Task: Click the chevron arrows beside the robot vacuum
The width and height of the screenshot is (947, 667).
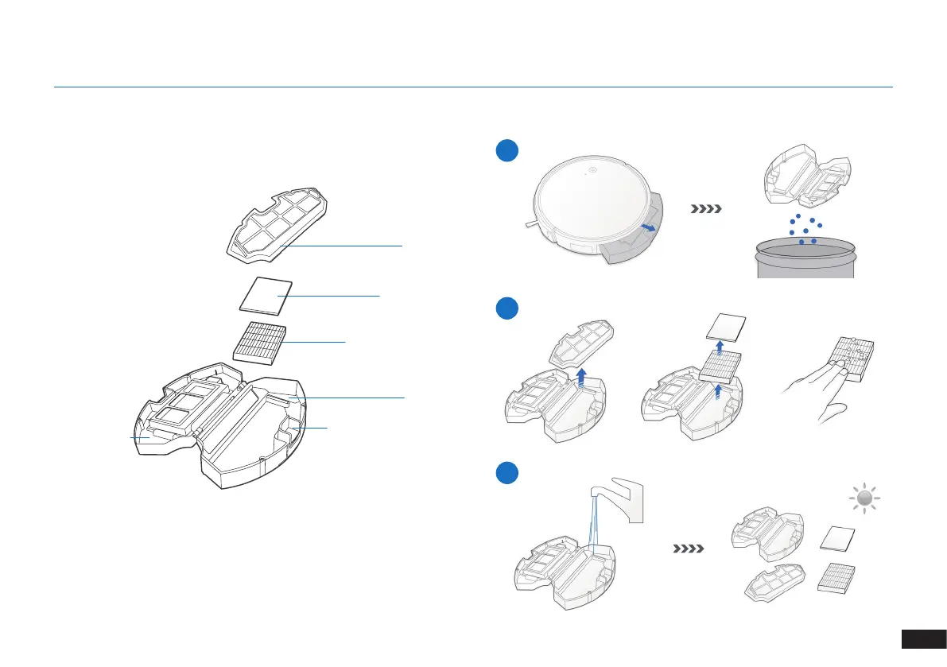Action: (707, 210)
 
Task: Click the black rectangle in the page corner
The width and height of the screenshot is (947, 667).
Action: (923, 640)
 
